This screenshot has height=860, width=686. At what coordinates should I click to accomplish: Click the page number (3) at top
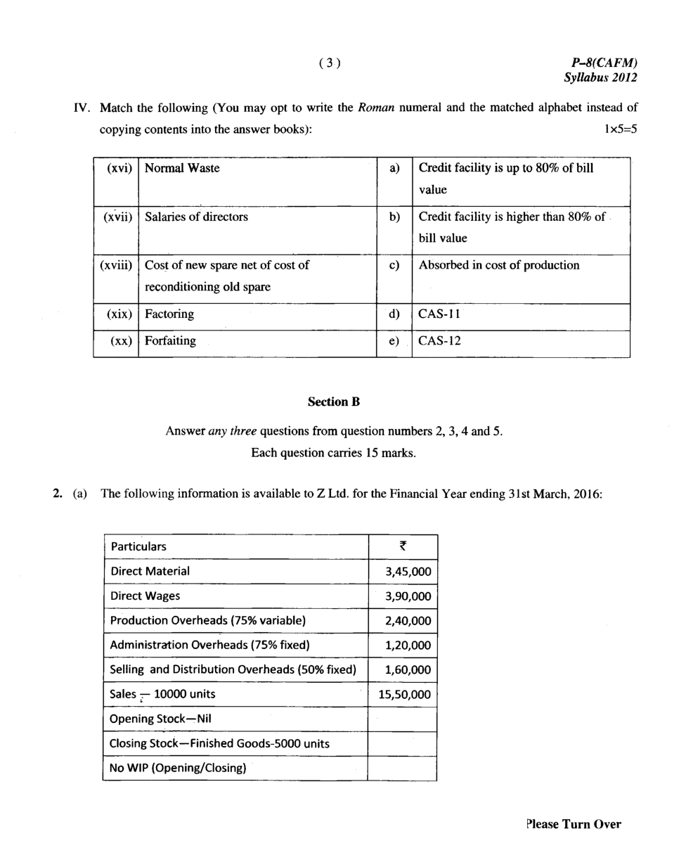(329, 63)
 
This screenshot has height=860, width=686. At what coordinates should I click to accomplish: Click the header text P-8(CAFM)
(603, 63)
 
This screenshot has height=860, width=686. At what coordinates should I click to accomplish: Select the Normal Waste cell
(182, 168)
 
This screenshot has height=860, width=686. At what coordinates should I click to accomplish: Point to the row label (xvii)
(117, 217)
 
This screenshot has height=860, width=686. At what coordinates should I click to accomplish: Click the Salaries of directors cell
(196, 217)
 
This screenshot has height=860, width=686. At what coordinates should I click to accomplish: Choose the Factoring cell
(169, 314)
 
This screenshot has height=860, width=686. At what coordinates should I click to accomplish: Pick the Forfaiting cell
(170, 341)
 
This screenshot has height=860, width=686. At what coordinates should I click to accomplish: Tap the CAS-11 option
(439, 314)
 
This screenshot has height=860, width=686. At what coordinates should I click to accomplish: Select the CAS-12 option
(439, 341)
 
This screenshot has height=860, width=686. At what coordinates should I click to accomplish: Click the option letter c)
(394, 265)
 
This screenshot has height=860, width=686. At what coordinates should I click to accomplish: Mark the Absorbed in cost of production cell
(499, 265)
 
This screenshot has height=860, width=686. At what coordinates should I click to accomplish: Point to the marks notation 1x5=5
(616, 129)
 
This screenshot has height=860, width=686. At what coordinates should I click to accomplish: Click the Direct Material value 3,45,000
(408, 572)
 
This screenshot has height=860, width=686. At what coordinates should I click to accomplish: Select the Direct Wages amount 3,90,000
(408, 596)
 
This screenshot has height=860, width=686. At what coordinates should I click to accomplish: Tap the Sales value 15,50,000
(404, 695)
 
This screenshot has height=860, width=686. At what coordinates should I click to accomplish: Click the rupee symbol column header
(403, 546)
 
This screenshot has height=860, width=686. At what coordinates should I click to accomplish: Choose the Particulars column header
(138, 546)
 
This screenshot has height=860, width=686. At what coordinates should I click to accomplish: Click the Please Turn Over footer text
(573, 824)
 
